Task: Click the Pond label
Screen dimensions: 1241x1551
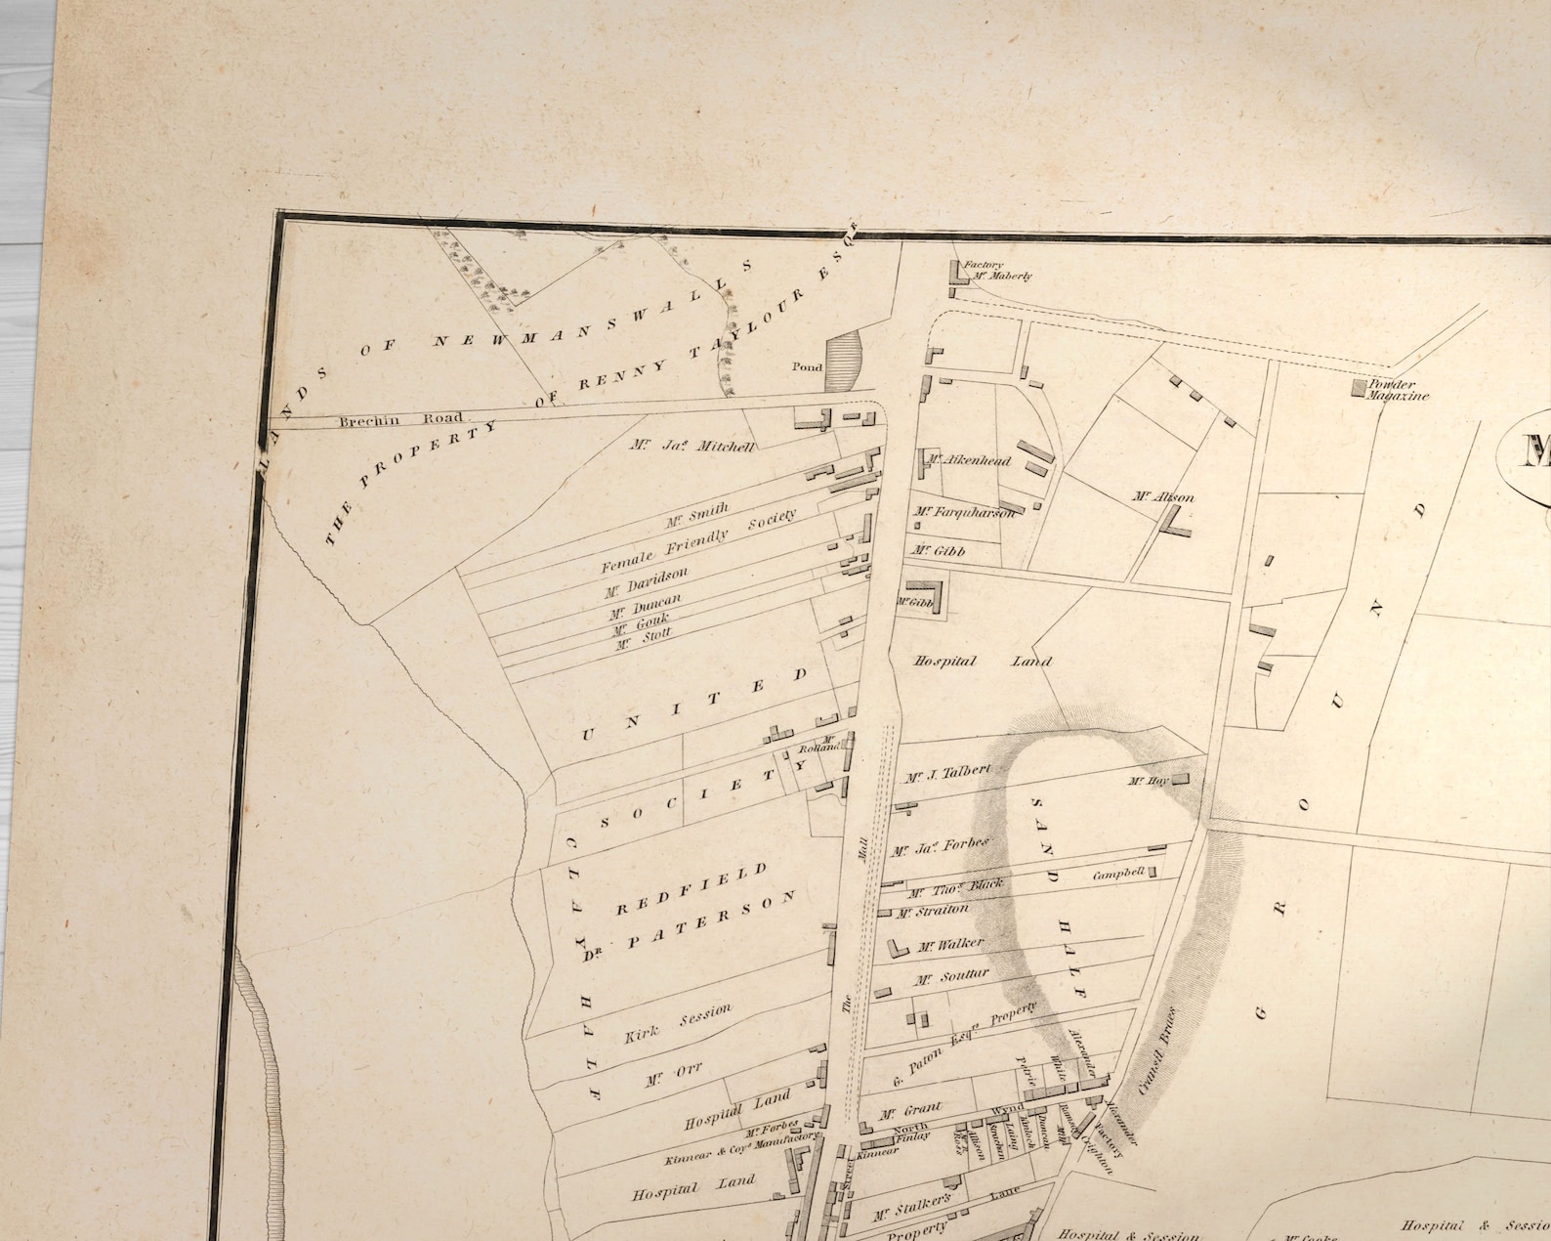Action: point(807,367)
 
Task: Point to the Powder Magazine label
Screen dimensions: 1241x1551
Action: point(1398,390)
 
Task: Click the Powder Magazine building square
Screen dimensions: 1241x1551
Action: point(1359,388)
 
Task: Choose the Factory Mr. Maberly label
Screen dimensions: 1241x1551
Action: point(996,271)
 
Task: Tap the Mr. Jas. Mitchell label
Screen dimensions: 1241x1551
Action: point(692,447)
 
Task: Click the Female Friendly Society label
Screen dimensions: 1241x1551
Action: point(698,540)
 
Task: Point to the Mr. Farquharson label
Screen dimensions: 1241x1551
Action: point(964,511)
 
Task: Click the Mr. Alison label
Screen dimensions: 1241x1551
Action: point(1162,496)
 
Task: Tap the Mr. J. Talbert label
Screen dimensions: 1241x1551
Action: point(947,774)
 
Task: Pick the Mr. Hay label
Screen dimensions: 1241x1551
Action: point(1148,781)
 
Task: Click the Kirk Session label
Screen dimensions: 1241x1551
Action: point(677,1022)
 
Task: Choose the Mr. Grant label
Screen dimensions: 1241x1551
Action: point(910,1111)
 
